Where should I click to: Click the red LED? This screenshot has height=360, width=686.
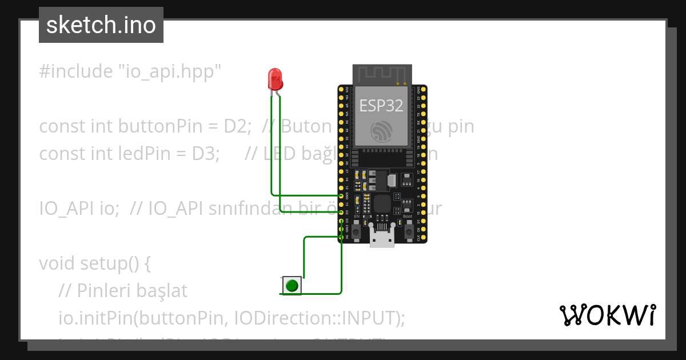[x=276, y=79]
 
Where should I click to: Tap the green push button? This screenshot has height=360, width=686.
[x=292, y=285]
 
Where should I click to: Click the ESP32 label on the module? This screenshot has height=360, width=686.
[x=381, y=105]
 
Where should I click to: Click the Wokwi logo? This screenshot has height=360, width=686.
[x=607, y=315]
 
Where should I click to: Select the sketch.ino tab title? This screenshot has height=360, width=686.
[x=101, y=25]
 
